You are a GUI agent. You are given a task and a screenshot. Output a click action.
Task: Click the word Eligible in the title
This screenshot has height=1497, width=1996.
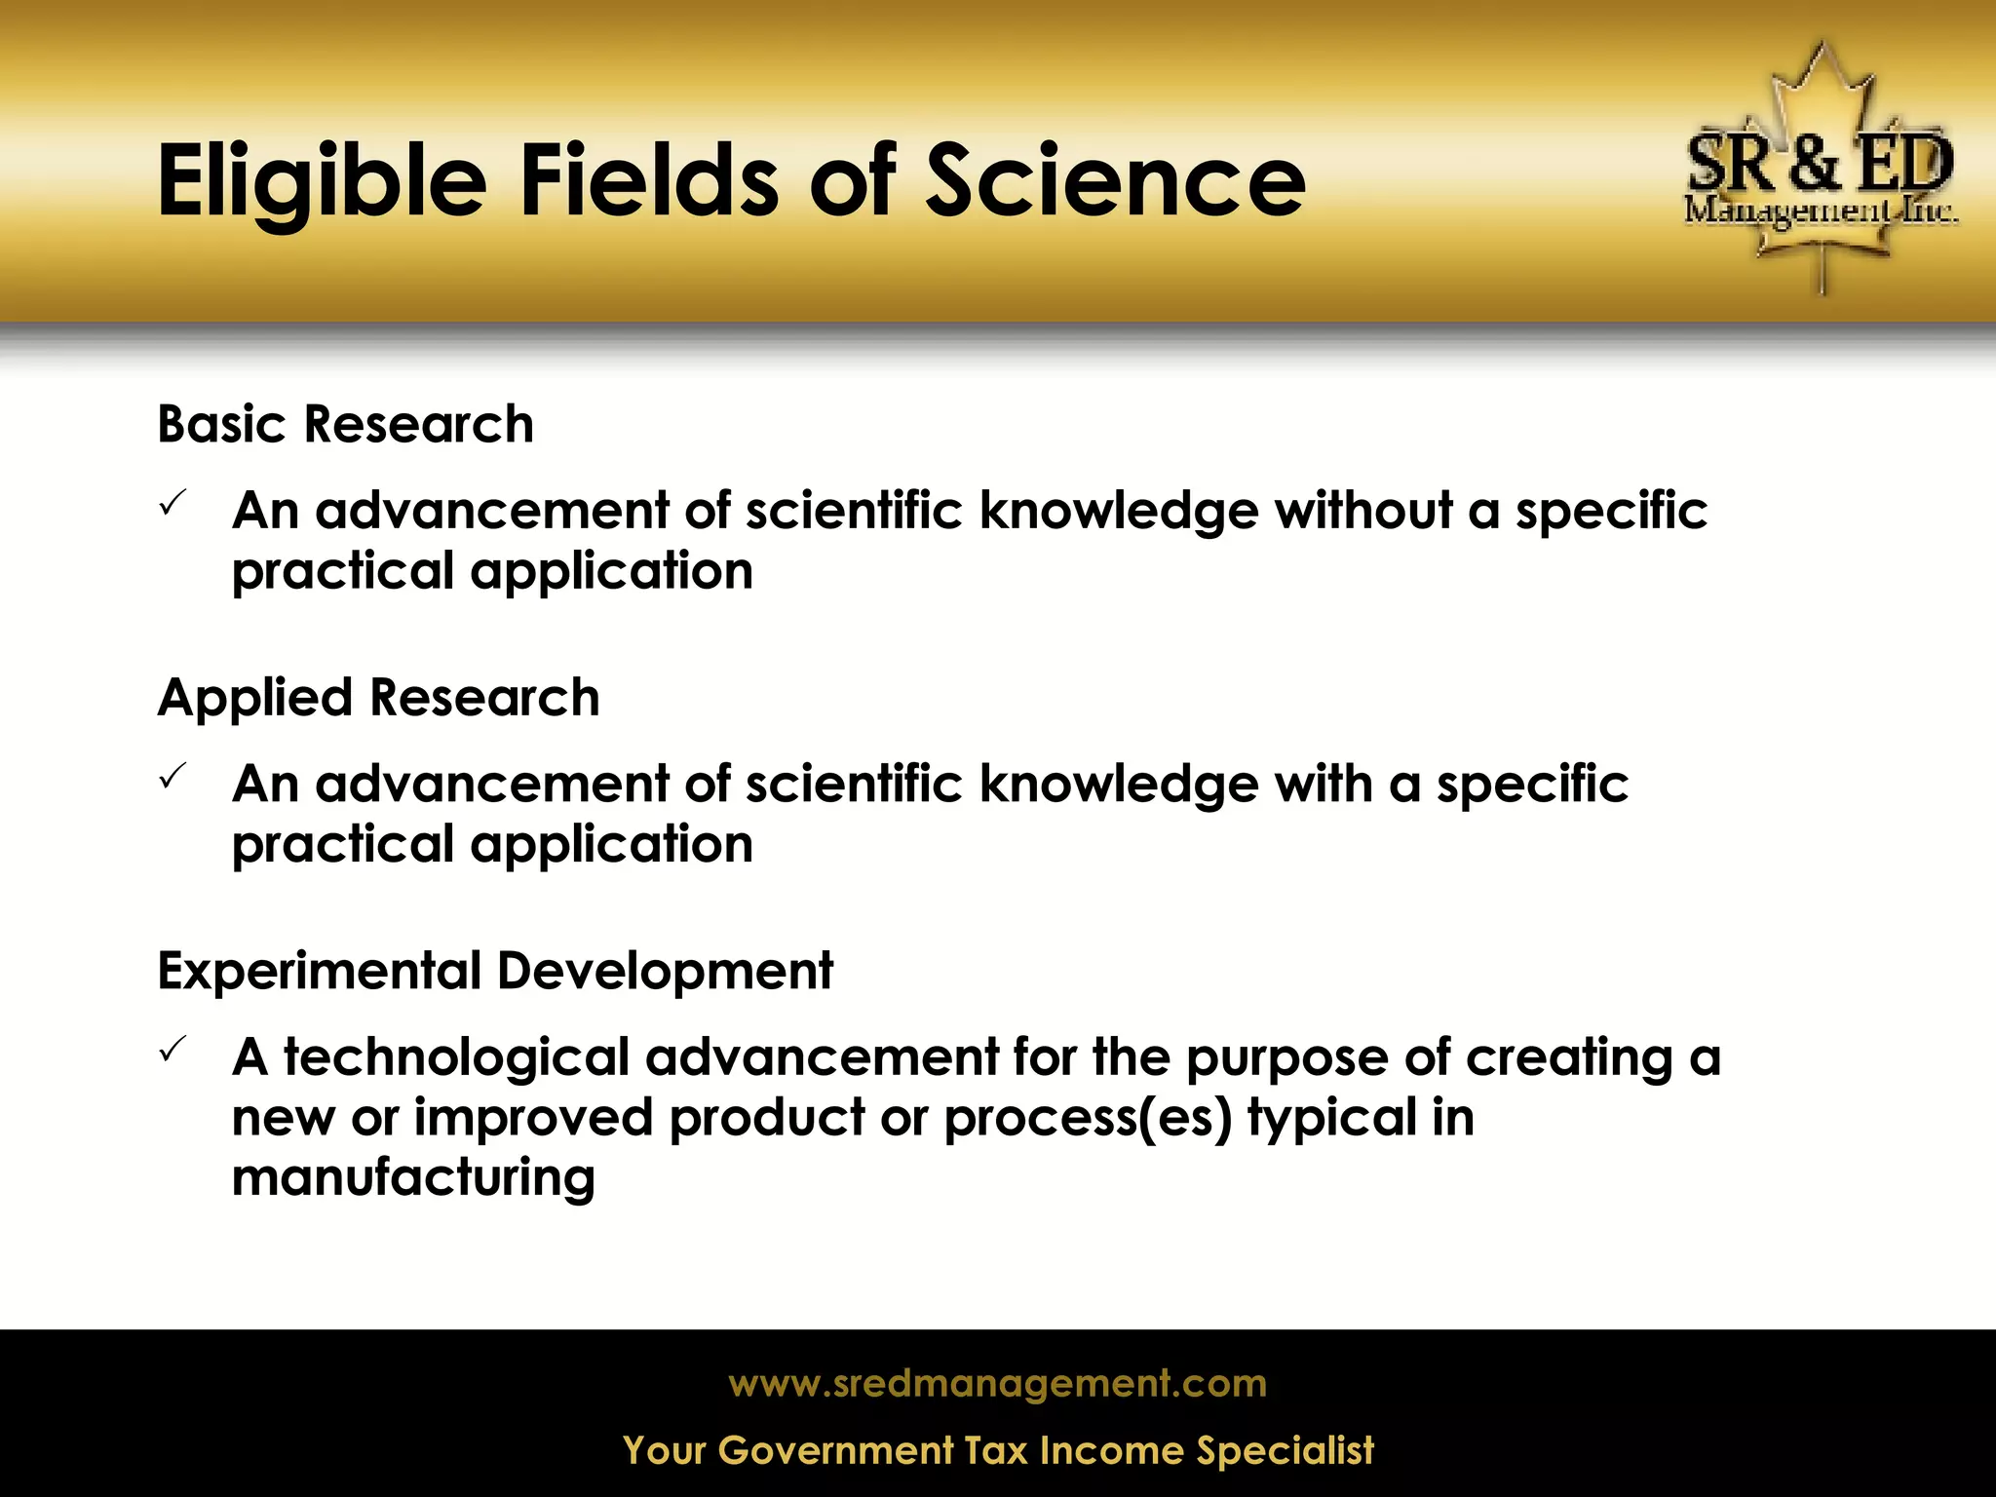[x=322, y=182]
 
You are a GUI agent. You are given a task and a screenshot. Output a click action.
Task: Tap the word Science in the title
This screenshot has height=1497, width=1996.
[x=1115, y=180]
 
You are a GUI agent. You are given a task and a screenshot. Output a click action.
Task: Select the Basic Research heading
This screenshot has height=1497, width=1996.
[x=345, y=424]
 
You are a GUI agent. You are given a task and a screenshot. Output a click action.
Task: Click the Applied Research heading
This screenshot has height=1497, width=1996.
[x=378, y=698]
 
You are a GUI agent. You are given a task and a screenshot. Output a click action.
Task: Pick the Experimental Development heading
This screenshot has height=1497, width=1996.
[x=495, y=971]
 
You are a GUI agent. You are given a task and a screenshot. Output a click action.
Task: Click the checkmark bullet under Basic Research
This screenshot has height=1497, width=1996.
[x=172, y=504]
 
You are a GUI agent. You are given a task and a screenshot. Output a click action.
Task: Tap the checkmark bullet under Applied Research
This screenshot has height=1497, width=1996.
[x=172, y=777]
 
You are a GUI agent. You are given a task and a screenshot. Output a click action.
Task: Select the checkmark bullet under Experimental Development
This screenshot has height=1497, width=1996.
[x=172, y=1050]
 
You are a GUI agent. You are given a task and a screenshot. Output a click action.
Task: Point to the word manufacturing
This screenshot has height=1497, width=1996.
[x=413, y=1177]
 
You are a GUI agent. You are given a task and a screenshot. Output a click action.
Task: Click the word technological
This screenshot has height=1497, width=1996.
[x=456, y=1057]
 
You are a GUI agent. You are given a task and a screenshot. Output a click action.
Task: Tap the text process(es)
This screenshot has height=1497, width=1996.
[x=1088, y=1118]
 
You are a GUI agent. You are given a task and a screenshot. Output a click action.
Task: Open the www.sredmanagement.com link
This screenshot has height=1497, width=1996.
[x=997, y=1384]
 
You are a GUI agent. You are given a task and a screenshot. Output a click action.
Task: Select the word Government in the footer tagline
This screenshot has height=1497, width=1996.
[x=835, y=1450]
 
